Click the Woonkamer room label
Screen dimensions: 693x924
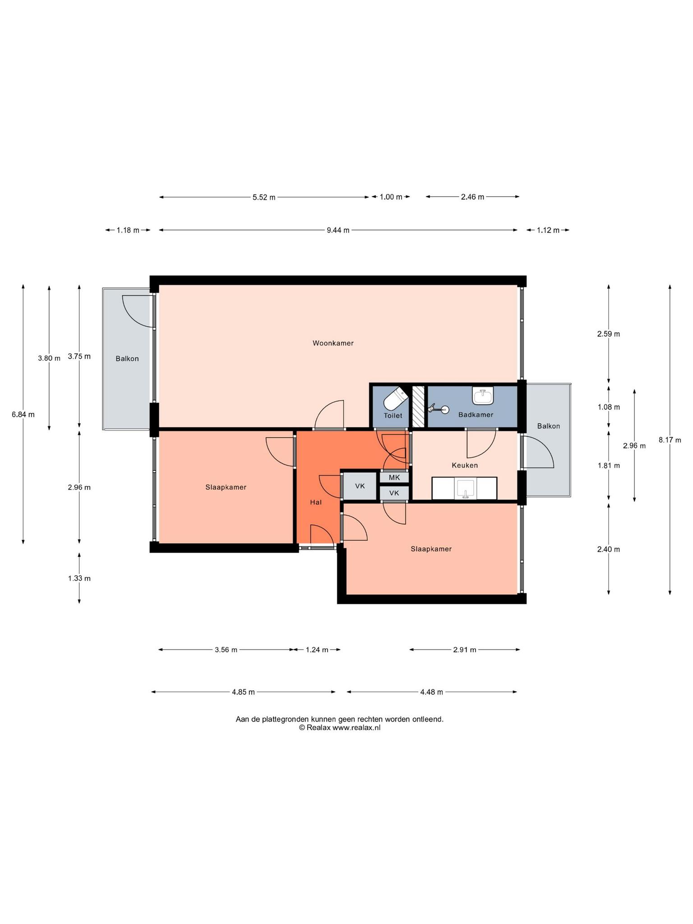tap(333, 343)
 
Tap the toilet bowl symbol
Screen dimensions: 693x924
tap(396, 397)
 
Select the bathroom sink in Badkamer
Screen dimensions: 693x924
tap(483, 395)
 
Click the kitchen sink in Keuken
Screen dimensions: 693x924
tap(464, 489)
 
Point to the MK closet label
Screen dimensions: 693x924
tap(394, 477)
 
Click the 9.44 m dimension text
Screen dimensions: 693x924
tap(338, 230)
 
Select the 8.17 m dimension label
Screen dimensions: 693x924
tap(670, 440)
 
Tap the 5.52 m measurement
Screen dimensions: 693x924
tap(264, 197)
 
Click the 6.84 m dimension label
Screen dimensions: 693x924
tap(23, 415)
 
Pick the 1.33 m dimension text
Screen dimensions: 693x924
tap(79, 578)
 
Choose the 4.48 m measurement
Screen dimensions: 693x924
tap(431, 692)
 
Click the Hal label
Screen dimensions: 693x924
tap(316, 502)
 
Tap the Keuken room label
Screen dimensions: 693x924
tap(465, 465)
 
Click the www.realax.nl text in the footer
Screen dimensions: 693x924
tap(356, 727)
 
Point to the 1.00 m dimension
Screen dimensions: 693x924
tap(391, 197)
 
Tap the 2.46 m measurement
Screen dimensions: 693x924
tap(472, 197)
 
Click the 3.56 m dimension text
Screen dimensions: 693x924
tap(226, 650)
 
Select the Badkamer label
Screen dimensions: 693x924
tap(476, 415)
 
